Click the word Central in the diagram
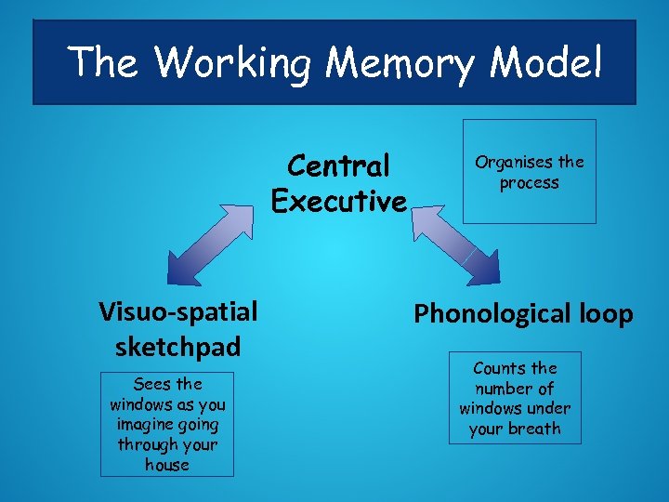click(x=338, y=166)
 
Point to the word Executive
click(x=338, y=201)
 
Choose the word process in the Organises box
click(x=529, y=183)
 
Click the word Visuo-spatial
click(x=178, y=311)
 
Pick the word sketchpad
click(x=178, y=347)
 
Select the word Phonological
click(x=489, y=314)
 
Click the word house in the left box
click(x=167, y=465)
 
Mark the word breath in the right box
click(x=538, y=429)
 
